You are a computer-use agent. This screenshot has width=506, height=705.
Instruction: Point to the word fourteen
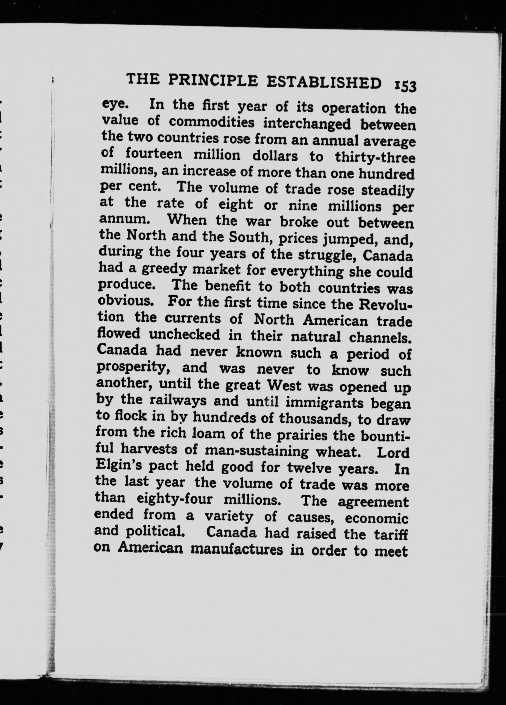click(154, 154)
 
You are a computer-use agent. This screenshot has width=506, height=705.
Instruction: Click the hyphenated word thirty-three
click(375, 157)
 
